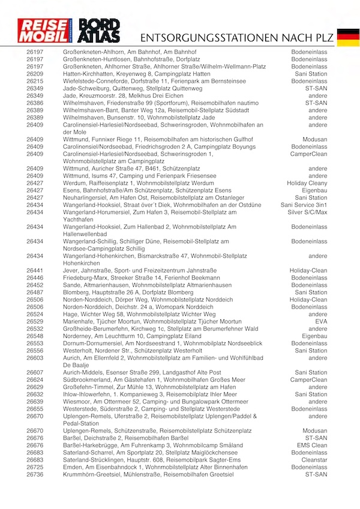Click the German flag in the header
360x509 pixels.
pos(348,37)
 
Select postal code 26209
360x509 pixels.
pos(35,74)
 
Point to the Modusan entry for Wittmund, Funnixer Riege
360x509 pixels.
pos(315,139)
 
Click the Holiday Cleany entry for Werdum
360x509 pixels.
pos(307,183)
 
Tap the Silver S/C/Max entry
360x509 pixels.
pos(308,212)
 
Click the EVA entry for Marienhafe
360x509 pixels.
pos(321,322)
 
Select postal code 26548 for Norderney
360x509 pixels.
pos(35,336)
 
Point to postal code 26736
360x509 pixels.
pos(35,474)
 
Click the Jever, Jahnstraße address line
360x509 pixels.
pos(131,271)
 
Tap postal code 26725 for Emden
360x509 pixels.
pos(35,467)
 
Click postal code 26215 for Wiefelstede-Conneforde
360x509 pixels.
pos(35,81)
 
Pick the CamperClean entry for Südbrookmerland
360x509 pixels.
pos(309,380)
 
